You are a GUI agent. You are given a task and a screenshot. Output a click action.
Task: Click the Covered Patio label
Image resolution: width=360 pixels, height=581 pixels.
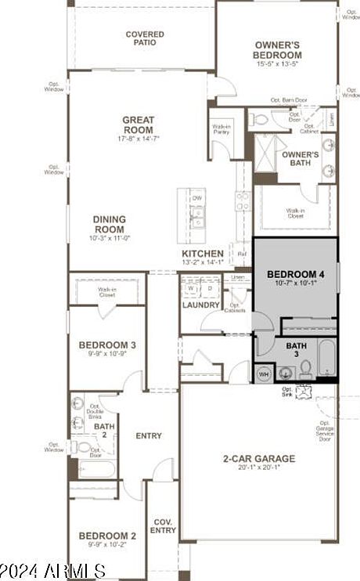pyautogui.click(x=144, y=38)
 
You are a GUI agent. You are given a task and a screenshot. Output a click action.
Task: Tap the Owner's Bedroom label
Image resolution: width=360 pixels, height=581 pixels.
pyautogui.click(x=277, y=50)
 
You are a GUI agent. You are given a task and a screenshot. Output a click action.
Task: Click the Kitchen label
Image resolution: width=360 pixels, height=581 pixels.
pyautogui.click(x=203, y=254)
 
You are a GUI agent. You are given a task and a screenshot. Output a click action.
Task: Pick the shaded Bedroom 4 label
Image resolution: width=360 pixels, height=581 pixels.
pyautogui.click(x=295, y=274)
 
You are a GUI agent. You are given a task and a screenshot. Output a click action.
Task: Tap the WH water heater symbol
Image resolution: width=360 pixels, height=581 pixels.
pyautogui.click(x=265, y=374)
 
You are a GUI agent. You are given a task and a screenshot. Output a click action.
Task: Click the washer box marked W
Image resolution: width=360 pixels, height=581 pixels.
pyautogui.click(x=191, y=289)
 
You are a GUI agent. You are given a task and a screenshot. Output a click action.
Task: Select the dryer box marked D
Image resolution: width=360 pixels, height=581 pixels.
pyautogui.click(x=209, y=289)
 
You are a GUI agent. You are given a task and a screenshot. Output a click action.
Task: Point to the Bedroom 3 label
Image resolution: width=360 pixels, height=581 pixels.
pyautogui.click(x=107, y=345)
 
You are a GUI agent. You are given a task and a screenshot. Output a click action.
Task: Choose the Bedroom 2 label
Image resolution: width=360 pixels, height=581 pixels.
pyautogui.click(x=107, y=536)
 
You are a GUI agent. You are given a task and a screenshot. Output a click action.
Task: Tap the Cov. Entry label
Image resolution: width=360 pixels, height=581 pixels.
pyautogui.click(x=163, y=525)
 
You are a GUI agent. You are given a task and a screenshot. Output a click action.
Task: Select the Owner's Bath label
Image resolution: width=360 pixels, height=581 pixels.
pyautogui.click(x=300, y=159)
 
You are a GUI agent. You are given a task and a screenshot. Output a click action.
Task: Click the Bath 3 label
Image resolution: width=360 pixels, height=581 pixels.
pyautogui.click(x=297, y=349)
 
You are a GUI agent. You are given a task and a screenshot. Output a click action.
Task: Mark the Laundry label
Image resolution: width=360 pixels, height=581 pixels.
pyautogui.click(x=201, y=305)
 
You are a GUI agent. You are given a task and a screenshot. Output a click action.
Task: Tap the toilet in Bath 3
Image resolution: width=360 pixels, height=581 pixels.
pyautogui.click(x=305, y=370)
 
